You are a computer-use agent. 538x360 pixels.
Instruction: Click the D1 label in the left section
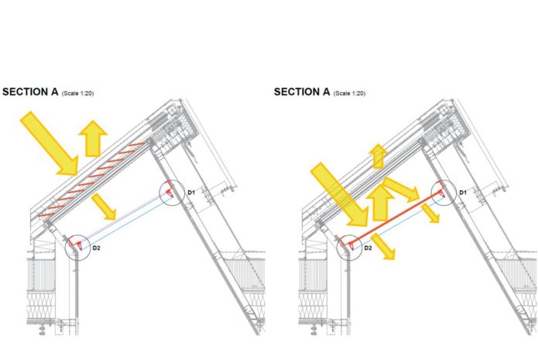click(191, 193)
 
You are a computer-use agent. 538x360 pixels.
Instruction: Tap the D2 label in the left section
click(96, 248)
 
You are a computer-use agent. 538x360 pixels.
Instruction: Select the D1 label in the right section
click(463, 193)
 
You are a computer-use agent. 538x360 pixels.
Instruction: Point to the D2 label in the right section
click(368, 248)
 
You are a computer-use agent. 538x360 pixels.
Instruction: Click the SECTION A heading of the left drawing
click(30, 92)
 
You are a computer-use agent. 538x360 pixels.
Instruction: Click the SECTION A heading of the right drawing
click(302, 92)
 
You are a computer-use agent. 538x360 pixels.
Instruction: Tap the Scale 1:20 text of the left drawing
click(78, 94)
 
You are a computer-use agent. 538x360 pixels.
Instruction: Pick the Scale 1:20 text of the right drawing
click(350, 94)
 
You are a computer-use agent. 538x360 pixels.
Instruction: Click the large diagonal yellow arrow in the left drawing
click(50, 143)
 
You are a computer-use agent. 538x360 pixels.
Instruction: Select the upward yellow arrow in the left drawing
click(93, 139)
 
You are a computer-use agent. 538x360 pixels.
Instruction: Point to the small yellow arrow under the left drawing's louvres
click(104, 207)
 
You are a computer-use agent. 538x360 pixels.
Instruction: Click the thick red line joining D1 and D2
click(396, 219)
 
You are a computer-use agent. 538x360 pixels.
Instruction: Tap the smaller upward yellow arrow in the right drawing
click(378, 156)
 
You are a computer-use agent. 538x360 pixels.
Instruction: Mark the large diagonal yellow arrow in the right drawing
click(340, 195)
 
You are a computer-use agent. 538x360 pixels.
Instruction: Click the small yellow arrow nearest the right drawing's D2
click(383, 246)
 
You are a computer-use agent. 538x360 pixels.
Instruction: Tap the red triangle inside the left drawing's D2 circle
click(79, 245)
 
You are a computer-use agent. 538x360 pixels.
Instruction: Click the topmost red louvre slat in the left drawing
click(136, 145)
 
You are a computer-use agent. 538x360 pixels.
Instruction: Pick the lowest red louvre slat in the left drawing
click(46, 214)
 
